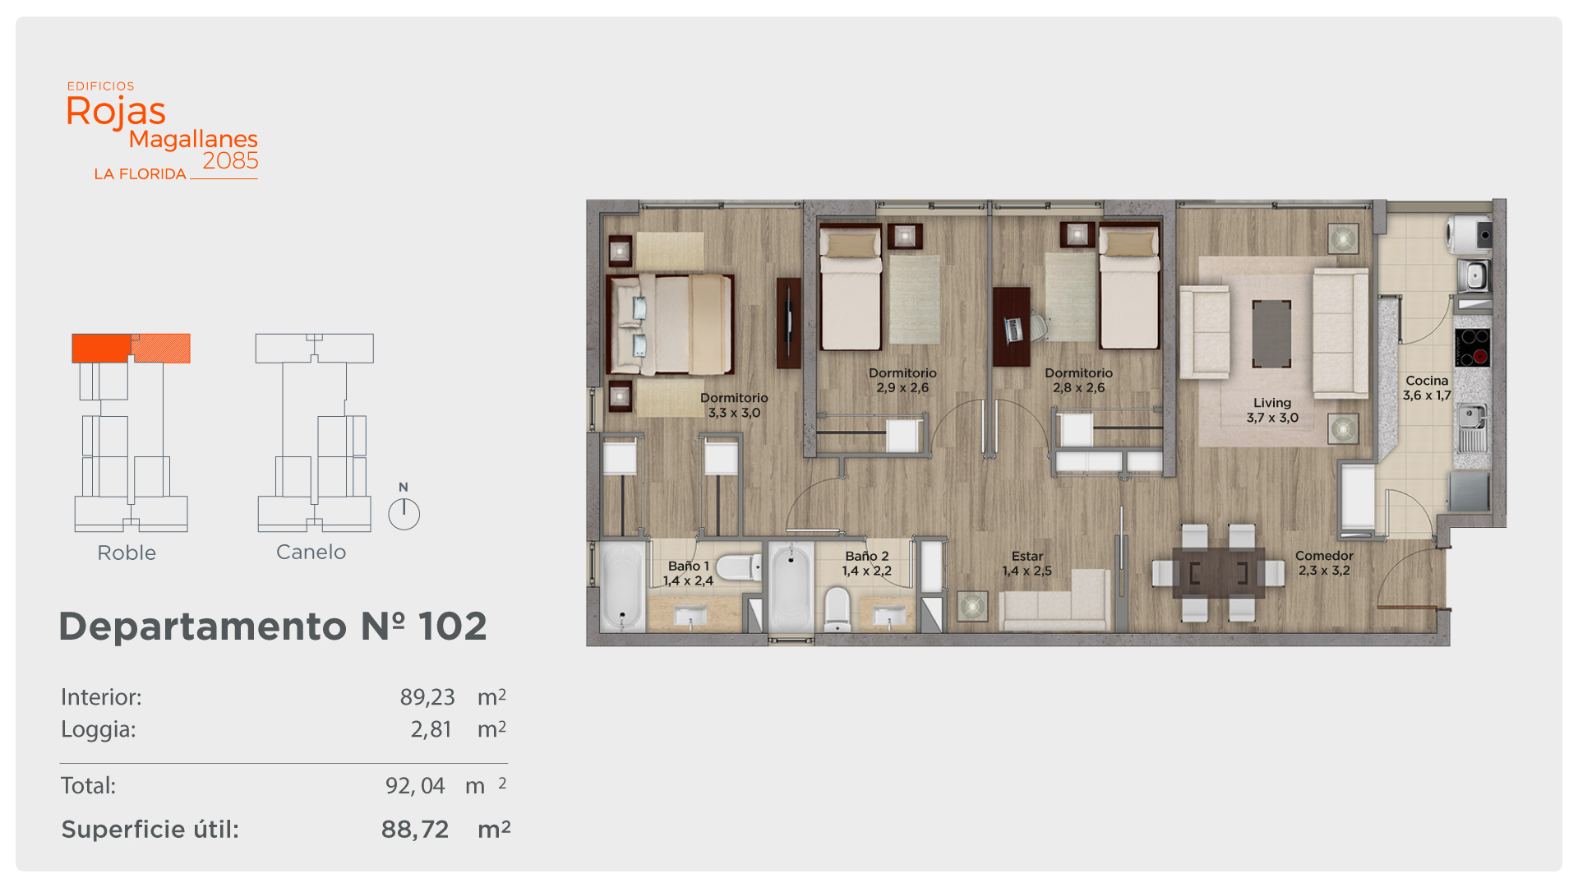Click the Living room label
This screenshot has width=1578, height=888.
1272,410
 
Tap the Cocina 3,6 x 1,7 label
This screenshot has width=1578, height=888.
1427,388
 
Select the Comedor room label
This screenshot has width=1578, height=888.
1324,563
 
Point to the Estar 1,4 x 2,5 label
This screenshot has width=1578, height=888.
1027,564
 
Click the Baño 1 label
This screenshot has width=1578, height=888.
689,573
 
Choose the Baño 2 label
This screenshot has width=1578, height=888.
867,563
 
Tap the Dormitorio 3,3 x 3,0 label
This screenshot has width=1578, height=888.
734,405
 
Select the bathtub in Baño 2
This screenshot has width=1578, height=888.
791,586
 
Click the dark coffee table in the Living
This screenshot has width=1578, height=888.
1271,334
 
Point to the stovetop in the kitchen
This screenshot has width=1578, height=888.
1472,347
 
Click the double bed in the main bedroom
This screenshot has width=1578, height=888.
670,324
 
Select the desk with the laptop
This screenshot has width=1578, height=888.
1012,326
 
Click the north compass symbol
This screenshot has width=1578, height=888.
404,509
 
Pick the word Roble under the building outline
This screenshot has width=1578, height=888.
127,553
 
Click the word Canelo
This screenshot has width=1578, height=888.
311,552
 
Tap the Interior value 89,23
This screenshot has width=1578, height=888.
427,697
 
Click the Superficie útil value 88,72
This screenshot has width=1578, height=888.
415,830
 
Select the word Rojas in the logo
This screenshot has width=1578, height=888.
116,112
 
